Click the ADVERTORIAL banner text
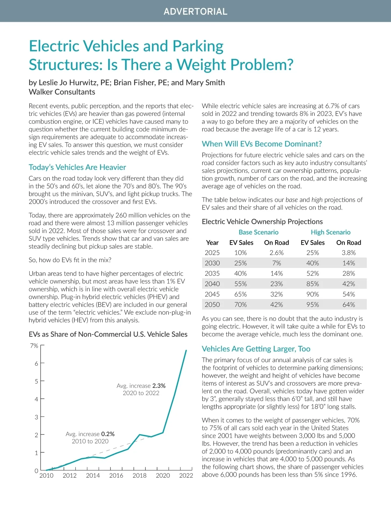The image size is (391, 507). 195,12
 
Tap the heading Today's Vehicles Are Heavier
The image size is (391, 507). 77,167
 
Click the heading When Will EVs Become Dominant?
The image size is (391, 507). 262,144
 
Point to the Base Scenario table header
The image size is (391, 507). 258,232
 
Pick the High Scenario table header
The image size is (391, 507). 330,232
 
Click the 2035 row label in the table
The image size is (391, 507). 212,274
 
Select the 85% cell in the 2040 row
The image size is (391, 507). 312,284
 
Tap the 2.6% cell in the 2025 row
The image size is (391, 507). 276,253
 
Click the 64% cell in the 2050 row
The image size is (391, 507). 348,305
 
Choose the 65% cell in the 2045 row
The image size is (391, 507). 240,295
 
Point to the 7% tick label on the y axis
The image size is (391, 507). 34,346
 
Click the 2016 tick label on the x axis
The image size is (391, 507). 116,476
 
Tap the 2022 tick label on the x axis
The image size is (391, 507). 186,476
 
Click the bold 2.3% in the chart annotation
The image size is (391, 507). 159,386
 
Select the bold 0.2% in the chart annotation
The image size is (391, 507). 108,434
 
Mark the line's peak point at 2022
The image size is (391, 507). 186,350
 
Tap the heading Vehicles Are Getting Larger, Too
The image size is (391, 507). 256,349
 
